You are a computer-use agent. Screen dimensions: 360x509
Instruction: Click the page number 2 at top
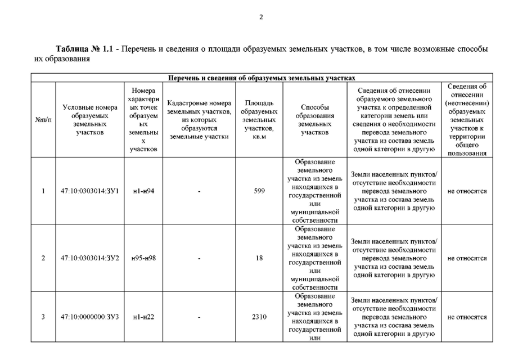[261, 16]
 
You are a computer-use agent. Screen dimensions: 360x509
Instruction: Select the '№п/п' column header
[43, 120]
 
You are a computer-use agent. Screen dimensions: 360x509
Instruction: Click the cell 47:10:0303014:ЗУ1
[89, 191]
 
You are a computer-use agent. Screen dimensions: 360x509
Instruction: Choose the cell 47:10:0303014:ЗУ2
[89, 258]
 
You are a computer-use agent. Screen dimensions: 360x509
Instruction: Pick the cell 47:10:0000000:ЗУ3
[89, 317]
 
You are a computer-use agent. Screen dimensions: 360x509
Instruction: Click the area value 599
[259, 191]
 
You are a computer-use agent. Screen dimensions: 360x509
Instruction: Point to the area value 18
[259, 258]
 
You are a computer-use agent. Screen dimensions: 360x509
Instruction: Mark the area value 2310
[259, 317]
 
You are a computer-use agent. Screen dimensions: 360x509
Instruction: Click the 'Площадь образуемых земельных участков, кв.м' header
[259, 120]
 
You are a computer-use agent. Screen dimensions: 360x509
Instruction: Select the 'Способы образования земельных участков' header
[314, 120]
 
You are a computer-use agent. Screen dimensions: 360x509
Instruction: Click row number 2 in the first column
[43, 258]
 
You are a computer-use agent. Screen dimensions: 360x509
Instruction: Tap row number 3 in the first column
[43, 317]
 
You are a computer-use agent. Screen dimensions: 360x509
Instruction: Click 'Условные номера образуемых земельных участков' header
[89, 120]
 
